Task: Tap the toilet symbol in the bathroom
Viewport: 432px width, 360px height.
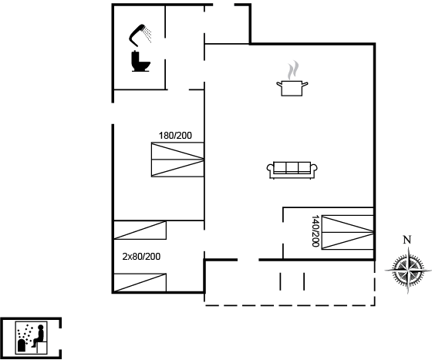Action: coord(140,61)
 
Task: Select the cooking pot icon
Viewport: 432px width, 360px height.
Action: coord(292,88)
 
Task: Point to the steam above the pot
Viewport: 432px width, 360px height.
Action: coord(293,70)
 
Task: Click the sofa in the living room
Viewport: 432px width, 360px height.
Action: coord(292,170)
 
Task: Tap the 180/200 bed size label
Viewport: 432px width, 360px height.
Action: coord(175,136)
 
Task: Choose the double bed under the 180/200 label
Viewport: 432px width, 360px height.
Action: coord(177,160)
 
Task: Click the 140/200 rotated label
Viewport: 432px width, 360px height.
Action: coord(316,231)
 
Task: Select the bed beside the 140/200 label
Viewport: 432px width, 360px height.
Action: coord(348,233)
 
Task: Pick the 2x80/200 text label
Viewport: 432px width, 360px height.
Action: coord(141,257)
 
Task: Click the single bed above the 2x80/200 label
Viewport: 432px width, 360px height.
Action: coord(140,230)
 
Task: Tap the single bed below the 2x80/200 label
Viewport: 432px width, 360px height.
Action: coord(140,283)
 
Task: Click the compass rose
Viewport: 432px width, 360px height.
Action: coord(408,271)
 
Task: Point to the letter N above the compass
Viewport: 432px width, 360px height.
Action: coord(407,240)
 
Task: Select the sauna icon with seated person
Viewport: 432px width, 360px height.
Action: coord(31,338)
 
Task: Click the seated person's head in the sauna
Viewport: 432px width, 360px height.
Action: coord(41,328)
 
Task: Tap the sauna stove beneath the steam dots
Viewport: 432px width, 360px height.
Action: coord(22,345)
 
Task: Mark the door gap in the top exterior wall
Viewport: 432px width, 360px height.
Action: coord(224,5)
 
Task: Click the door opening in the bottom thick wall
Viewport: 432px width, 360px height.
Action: coord(248,260)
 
